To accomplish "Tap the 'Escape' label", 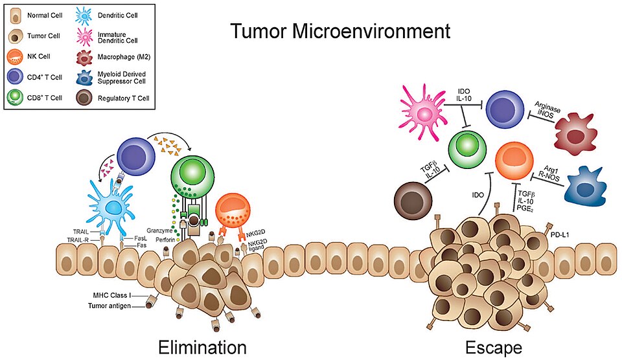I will [x=494, y=347].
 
